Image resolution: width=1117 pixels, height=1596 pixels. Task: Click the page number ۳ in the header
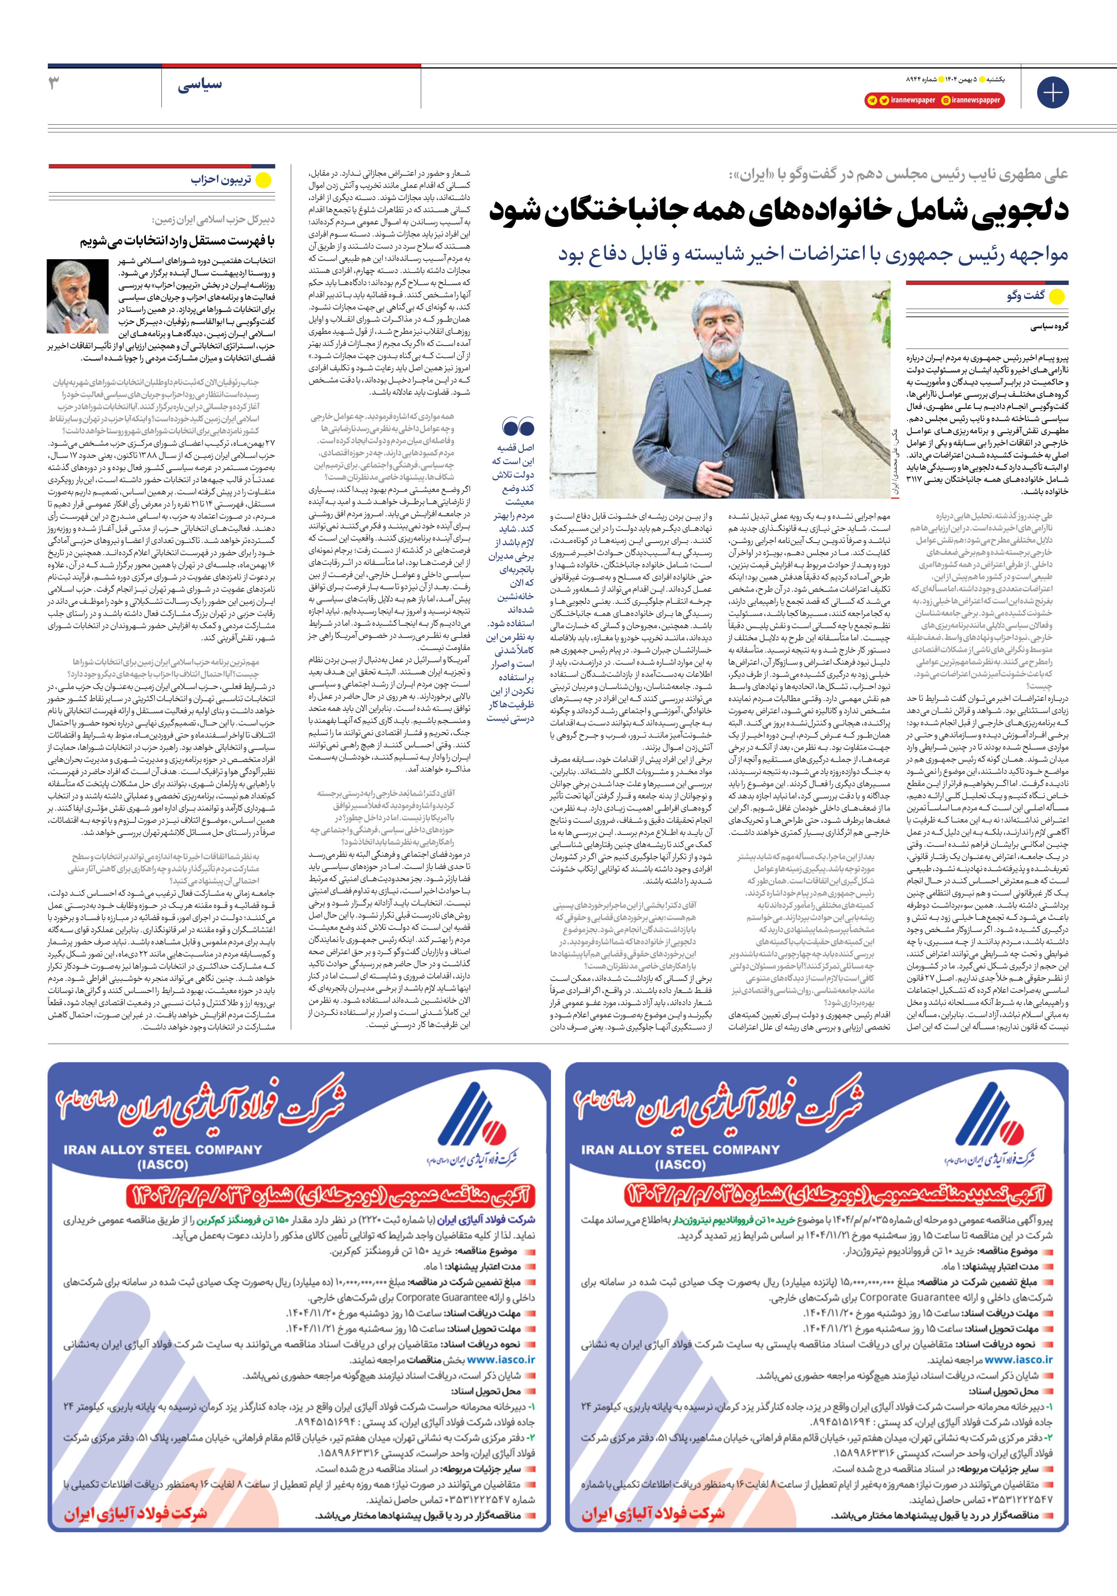point(54,84)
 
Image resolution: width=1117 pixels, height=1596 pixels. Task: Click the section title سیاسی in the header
point(199,85)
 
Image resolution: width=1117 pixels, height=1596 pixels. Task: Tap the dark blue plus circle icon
point(1052,93)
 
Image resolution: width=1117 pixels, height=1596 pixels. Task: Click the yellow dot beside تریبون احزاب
point(264,181)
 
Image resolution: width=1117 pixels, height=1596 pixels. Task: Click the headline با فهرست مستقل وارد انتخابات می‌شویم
point(177,242)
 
